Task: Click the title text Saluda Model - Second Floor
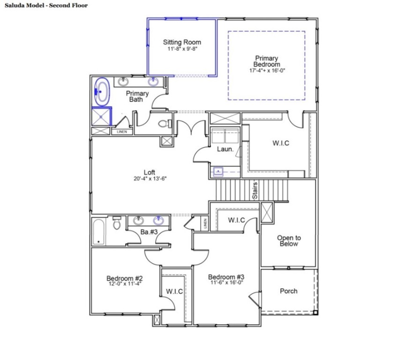(x=45, y=6)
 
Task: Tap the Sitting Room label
(x=182, y=42)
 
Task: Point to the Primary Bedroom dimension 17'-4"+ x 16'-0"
(x=267, y=70)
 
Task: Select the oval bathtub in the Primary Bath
(x=102, y=91)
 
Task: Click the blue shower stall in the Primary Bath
(x=101, y=116)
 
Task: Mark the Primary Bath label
(x=137, y=96)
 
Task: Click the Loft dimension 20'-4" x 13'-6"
(x=150, y=179)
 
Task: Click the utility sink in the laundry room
(x=219, y=172)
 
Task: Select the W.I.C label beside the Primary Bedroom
(x=280, y=143)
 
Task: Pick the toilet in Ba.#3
(x=117, y=224)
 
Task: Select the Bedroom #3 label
(x=226, y=277)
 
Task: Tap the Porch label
(x=288, y=291)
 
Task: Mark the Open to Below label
(x=288, y=240)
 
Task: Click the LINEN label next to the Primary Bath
(x=121, y=132)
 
